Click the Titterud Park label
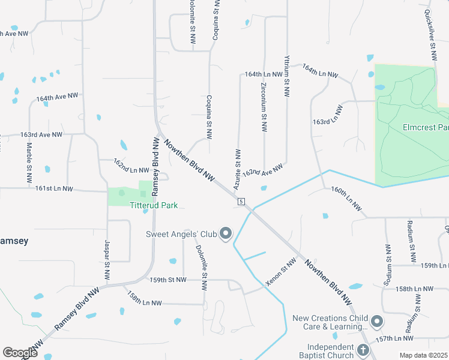(154, 205)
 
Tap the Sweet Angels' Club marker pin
(226, 233)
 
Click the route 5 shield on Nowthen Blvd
(240, 201)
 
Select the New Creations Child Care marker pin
(377, 322)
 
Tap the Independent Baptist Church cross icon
(363, 350)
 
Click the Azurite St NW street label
(238, 166)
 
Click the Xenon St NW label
(282, 271)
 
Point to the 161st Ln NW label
(54, 188)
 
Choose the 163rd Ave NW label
(41, 135)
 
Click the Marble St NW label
(29, 161)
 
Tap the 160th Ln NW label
(347, 199)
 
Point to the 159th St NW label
(168, 280)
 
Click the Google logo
(20, 353)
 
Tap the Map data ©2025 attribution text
(423, 355)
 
